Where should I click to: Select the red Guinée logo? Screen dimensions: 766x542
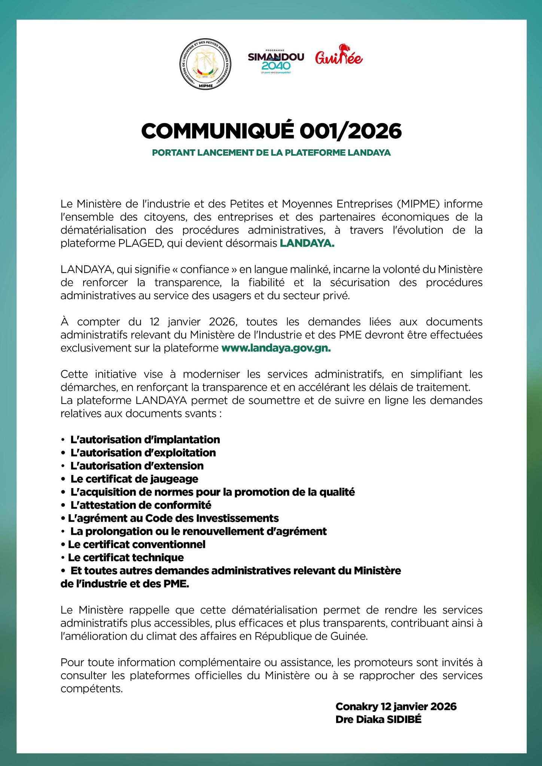(339, 56)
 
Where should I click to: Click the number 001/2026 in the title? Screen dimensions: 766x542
(350, 131)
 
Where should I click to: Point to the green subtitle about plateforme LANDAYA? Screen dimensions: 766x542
(271, 153)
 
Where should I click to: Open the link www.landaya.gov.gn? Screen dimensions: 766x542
(276, 348)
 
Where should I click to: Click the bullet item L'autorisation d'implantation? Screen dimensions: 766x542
(145, 439)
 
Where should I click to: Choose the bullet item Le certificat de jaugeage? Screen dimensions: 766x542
(134, 479)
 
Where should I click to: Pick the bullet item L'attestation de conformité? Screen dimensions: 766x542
(141, 505)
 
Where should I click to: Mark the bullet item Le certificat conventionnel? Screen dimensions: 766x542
(137, 544)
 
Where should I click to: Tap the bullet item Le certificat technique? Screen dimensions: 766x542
(126, 557)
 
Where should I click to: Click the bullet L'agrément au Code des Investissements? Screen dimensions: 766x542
(173, 518)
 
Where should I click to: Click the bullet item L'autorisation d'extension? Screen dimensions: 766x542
(137, 466)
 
